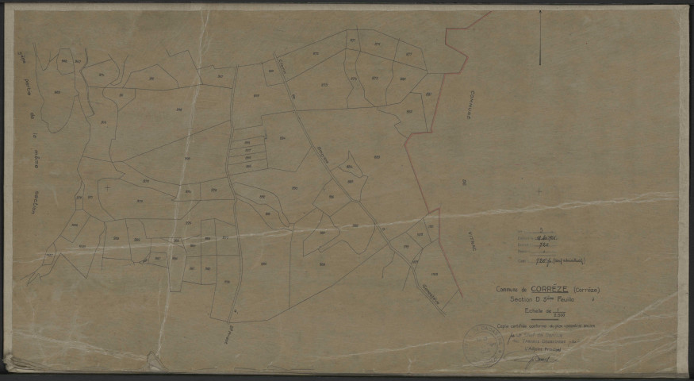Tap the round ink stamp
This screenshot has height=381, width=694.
click(482, 342)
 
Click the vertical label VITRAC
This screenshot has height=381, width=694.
click(473, 236)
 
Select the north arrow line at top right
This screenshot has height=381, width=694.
click(540, 36)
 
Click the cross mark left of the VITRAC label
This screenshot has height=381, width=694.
click(539, 191)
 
